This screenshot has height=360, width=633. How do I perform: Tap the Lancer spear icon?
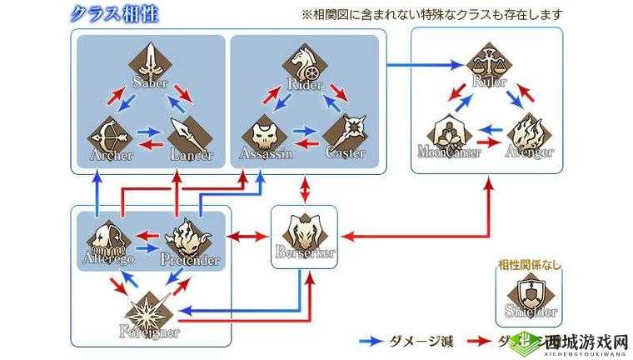[190, 132]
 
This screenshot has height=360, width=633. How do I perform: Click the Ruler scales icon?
[488, 62]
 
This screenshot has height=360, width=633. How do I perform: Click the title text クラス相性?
[117, 14]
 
